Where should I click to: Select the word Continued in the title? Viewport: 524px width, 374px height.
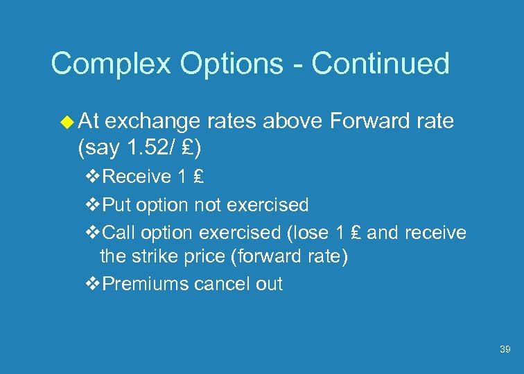point(381,64)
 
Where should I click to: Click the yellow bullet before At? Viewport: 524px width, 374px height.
point(67,123)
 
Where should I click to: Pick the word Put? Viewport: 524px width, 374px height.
point(117,205)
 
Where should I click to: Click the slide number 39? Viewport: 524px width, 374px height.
point(505,350)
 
